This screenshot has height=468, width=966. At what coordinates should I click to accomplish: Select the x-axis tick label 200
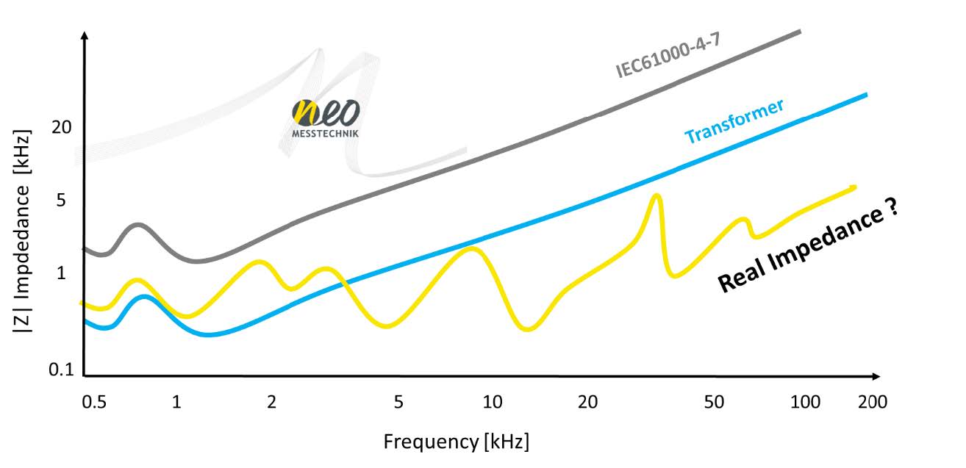click(873, 402)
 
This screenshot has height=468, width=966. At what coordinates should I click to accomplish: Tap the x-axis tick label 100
click(806, 402)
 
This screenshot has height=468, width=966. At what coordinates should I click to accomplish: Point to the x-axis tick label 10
click(492, 402)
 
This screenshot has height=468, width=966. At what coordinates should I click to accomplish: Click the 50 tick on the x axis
click(714, 402)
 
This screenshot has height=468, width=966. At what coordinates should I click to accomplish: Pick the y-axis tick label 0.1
click(62, 370)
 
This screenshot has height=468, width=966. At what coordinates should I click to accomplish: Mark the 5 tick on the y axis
click(62, 200)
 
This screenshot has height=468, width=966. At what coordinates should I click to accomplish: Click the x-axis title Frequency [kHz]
click(456, 442)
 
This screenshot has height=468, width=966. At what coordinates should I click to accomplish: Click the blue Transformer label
click(734, 121)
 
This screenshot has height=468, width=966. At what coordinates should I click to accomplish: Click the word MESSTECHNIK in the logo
click(326, 134)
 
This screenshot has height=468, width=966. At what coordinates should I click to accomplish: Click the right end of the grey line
click(799, 31)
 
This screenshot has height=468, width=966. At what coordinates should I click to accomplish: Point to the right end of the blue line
click(866, 95)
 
